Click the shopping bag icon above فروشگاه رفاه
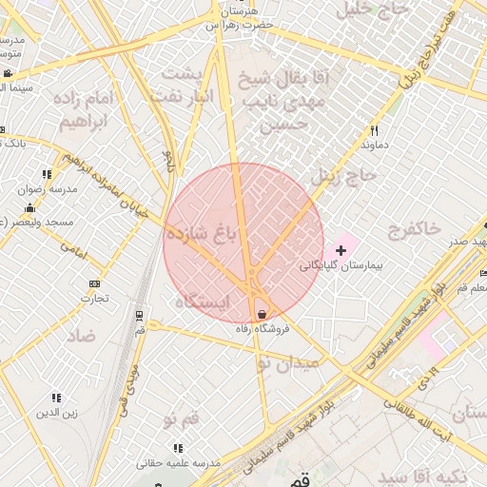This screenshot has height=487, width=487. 262,315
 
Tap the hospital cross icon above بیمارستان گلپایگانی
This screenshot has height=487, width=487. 341,250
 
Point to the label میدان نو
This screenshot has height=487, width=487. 288,362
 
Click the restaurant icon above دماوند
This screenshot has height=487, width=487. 375,130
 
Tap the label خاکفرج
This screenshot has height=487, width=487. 415,228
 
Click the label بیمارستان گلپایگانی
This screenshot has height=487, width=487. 341,265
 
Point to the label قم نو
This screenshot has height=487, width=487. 181,419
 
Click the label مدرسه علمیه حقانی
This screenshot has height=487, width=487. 177,462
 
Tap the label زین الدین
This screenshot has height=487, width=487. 55,412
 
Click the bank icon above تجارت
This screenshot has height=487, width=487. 94,283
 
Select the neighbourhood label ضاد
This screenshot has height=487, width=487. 81,335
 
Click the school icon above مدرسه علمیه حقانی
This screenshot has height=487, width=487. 177,448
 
